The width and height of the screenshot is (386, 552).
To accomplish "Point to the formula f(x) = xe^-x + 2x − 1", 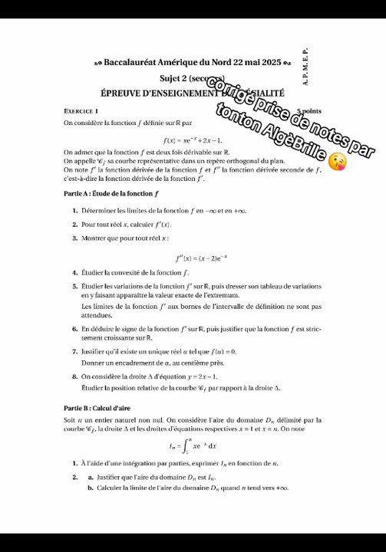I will pos(193,140).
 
